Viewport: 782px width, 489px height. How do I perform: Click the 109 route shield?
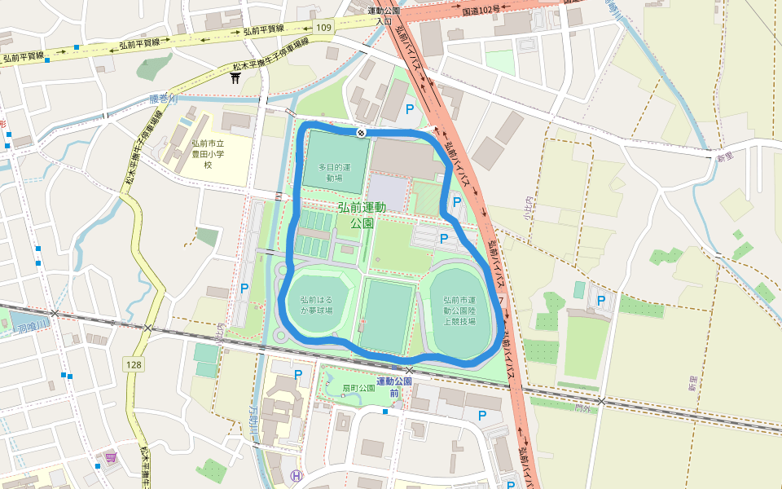coord(324,28)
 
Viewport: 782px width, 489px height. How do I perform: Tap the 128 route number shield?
coord(134,363)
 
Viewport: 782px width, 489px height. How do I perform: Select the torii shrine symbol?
coord(235,77)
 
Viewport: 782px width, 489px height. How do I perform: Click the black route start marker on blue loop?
coord(360,132)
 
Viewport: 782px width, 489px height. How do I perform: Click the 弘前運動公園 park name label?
coord(362,214)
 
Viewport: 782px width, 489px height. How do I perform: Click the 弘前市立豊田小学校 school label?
coord(208,152)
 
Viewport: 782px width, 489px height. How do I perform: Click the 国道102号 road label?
coord(480,10)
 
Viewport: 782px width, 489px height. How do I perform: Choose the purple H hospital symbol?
coord(297,476)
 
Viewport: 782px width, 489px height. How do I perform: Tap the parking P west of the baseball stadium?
coord(244,288)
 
